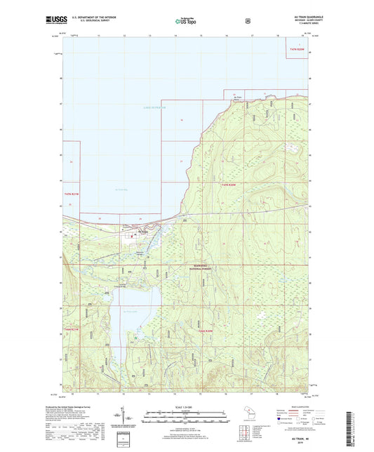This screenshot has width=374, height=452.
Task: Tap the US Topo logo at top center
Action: pyautogui.click(x=186, y=22)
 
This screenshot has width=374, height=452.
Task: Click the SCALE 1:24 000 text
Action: pyautogui.click(x=186, y=408)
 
